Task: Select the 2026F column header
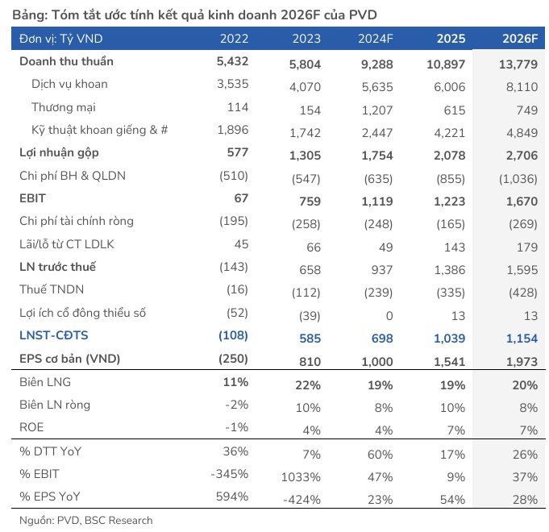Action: point(519,39)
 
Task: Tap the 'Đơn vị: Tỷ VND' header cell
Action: point(61,39)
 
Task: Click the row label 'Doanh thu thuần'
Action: point(66,61)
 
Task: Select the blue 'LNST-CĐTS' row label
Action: point(54,335)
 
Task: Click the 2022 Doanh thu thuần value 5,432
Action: point(232,61)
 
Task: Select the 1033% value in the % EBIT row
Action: point(302,477)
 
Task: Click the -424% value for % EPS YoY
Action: point(303,500)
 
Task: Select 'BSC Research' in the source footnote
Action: point(119,520)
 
